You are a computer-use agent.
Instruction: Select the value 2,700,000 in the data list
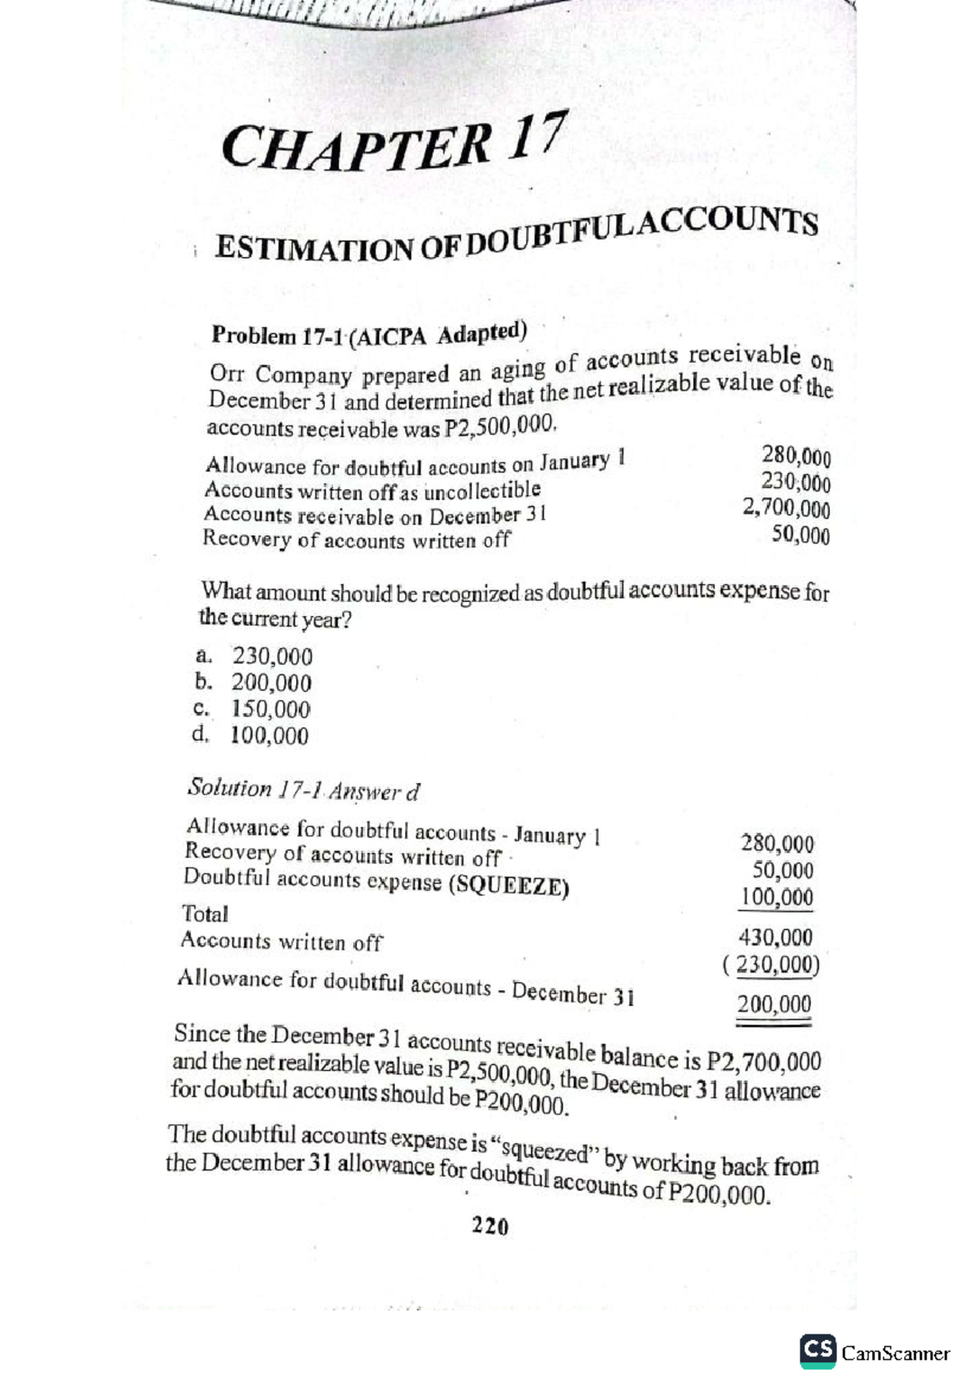click(786, 510)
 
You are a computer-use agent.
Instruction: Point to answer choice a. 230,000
click(255, 656)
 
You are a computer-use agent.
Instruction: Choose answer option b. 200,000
click(255, 683)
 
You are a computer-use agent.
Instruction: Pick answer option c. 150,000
click(255, 709)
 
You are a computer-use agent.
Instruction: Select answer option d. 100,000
click(253, 736)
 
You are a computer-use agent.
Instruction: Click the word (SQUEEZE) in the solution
click(509, 887)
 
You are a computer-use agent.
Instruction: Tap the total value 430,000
click(775, 936)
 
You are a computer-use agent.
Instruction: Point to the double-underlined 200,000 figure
click(774, 1004)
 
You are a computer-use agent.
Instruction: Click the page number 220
click(490, 1226)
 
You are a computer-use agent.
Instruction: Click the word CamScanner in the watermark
click(896, 1353)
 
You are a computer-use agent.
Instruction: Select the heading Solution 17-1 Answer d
click(303, 789)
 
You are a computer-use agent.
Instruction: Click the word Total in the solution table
click(205, 913)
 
